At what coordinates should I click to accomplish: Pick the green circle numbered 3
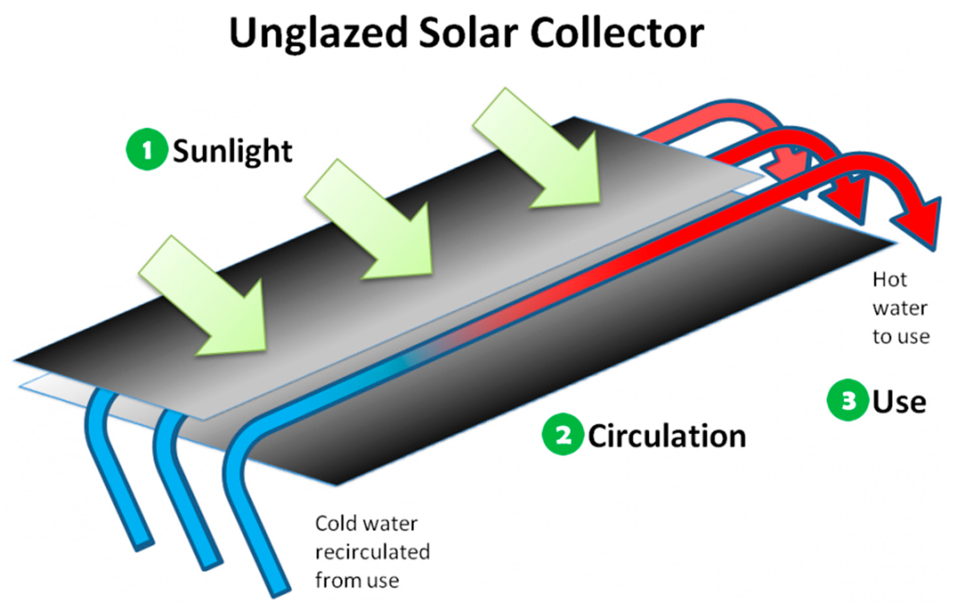coord(847,400)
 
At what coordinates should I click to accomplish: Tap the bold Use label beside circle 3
coord(899,402)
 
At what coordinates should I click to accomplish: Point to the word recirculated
coord(373,552)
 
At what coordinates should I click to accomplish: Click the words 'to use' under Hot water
coord(901,337)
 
